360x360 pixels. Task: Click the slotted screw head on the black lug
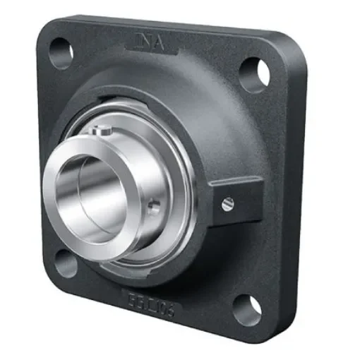[x=227, y=204]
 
